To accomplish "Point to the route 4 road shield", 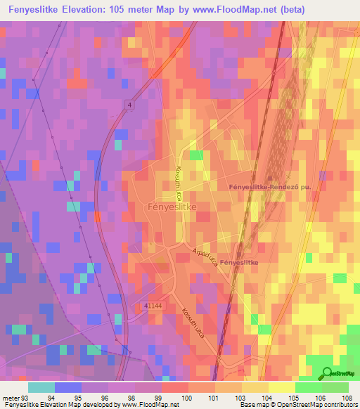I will click(x=129, y=105).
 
